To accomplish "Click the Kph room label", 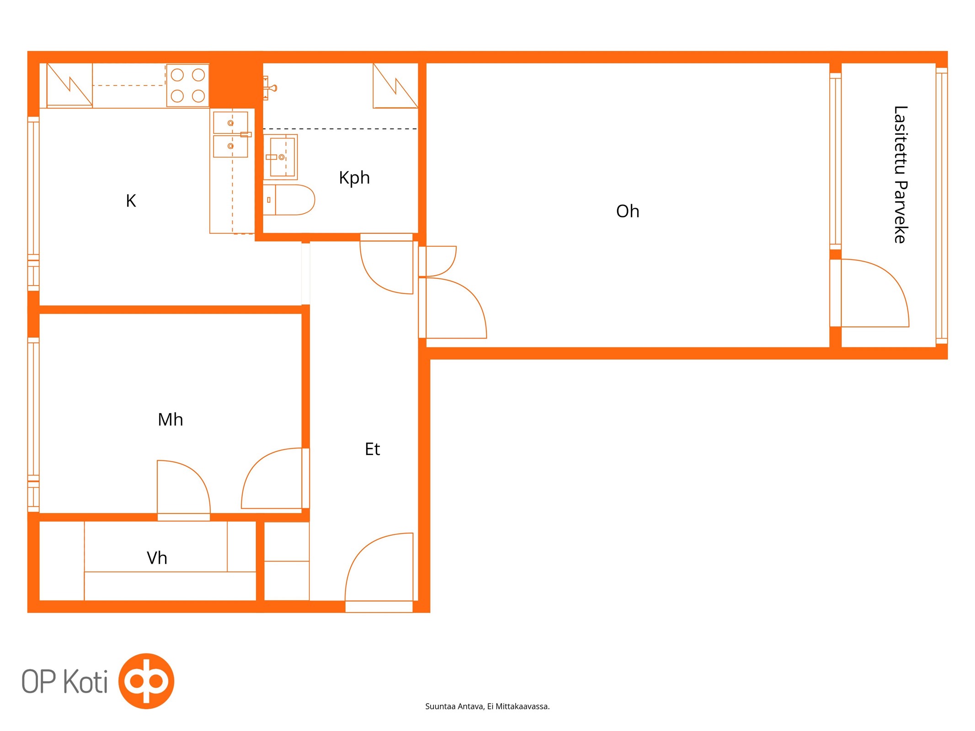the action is [x=354, y=178].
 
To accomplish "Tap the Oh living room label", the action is [x=628, y=211].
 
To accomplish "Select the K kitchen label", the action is [x=131, y=201].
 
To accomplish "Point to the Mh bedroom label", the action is [x=170, y=419].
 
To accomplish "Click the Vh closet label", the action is [x=157, y=558].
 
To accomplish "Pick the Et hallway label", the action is [x=372, y=449].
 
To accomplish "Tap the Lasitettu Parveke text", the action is [x=900, y=175].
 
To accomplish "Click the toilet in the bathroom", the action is [x=289, y=200].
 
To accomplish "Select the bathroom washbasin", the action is [x=280, y=157].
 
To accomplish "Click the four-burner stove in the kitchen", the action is [x=188, y=85].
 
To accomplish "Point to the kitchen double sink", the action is [x=231, y=134].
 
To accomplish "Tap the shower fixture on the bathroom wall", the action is [x=270, y=88].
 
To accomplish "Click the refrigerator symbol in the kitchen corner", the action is [x=69, y=85].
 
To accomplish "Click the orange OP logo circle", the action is [x=146, y=681].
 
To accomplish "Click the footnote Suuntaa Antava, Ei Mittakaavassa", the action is [x=487, y=706].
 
